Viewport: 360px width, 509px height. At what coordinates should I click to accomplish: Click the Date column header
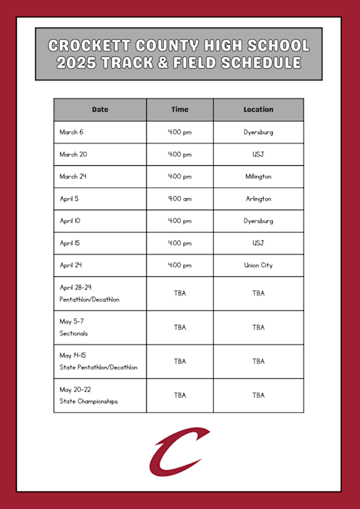[100, 110]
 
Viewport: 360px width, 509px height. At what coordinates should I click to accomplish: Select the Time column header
[180, 110]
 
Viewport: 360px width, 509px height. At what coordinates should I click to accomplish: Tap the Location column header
[258, 110]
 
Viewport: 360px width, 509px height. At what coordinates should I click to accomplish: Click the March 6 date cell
[72, 132]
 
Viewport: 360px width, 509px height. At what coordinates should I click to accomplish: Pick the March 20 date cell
[73, 154]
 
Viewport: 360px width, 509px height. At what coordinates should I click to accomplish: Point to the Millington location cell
[258, 176]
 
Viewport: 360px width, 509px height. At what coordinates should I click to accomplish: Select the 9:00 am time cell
[180, 199]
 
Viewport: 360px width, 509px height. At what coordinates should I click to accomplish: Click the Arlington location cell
[258, 199]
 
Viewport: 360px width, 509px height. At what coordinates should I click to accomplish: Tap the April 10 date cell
[70, 221]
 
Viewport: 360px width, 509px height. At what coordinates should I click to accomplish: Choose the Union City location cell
[258, 265]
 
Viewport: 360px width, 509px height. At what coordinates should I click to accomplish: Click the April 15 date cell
[70, 243]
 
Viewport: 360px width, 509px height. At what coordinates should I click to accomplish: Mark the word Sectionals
[74, 333]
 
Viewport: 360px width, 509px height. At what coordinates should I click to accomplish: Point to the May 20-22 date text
[76, 389]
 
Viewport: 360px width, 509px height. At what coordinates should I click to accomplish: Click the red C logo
[179, 451]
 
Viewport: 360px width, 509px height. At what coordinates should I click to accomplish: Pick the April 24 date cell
[71, 265]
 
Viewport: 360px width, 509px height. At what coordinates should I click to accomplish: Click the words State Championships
[89, 401]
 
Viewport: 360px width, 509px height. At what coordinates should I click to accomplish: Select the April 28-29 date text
[76, 288]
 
